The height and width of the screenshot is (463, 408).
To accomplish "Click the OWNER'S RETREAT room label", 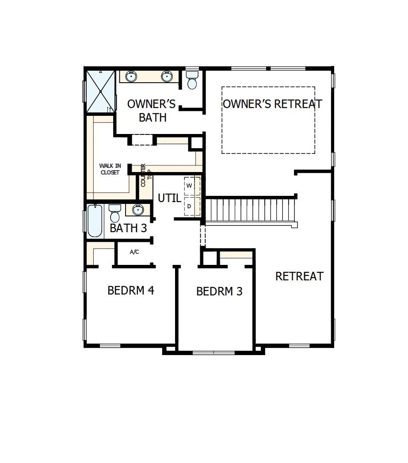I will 272,104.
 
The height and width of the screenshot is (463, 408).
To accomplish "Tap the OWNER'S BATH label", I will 152,111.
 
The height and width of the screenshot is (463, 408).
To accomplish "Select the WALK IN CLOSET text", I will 110,169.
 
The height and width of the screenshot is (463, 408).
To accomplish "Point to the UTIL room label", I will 169,199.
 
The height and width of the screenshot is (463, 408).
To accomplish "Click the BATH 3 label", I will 128,228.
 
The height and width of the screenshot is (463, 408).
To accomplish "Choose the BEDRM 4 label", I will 131,291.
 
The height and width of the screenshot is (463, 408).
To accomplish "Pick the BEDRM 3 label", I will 219,291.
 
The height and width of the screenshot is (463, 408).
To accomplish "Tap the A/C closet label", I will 134,252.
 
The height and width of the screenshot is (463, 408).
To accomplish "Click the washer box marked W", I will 189,186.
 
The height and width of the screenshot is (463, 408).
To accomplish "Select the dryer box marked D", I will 189,206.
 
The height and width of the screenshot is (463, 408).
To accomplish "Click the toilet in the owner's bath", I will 192,80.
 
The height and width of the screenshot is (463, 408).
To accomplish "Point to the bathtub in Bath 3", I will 95,221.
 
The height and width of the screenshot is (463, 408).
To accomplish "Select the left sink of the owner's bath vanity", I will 131,77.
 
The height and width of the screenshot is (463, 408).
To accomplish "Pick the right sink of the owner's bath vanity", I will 166,77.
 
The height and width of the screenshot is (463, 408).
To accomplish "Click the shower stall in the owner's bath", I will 100,92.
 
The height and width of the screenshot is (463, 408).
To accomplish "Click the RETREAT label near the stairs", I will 299,276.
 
